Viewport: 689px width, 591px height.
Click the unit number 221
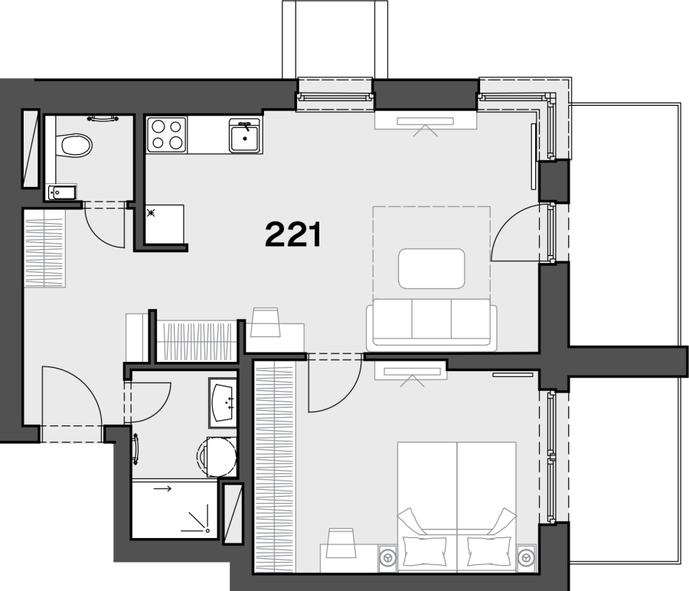pos(293,234)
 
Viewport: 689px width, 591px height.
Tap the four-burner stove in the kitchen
pos(167,135)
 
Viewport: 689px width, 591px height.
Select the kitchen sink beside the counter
pos(244,135)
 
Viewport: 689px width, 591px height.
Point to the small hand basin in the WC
pos(62,192)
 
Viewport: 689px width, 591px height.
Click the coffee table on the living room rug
pos(432,268)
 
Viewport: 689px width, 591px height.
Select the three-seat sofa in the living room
pos(432,325)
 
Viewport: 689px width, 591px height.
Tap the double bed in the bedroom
pos(457,507)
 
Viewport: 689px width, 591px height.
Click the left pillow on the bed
pos(422,551)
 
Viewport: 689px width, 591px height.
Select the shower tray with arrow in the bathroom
pos(175,509)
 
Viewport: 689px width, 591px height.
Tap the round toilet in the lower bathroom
pos(217,456)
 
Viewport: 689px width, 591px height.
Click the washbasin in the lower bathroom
pos(224,402)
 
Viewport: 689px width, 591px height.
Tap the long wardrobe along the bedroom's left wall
pos(274,467)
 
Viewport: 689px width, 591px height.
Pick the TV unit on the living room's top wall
pos(426,120)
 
